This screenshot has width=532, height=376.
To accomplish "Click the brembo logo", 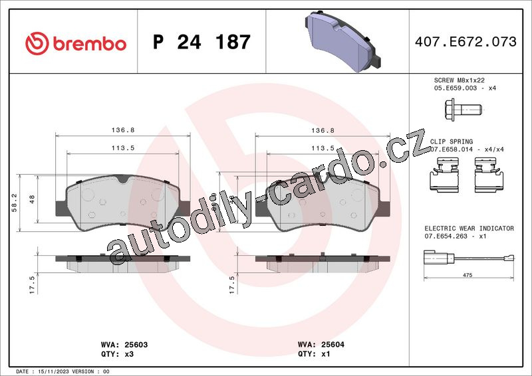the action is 76,44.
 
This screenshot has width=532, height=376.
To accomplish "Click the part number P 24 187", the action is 201,42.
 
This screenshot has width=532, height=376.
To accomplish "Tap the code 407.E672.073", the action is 465,42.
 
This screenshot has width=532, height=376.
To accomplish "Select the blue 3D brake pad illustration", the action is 342,41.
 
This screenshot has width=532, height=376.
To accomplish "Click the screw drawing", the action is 463,110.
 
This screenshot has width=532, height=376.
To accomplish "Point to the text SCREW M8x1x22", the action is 460,80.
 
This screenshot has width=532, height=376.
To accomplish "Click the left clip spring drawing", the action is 445,175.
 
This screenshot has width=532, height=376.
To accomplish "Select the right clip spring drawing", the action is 489,175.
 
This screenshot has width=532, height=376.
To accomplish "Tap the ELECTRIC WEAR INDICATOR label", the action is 469,229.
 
